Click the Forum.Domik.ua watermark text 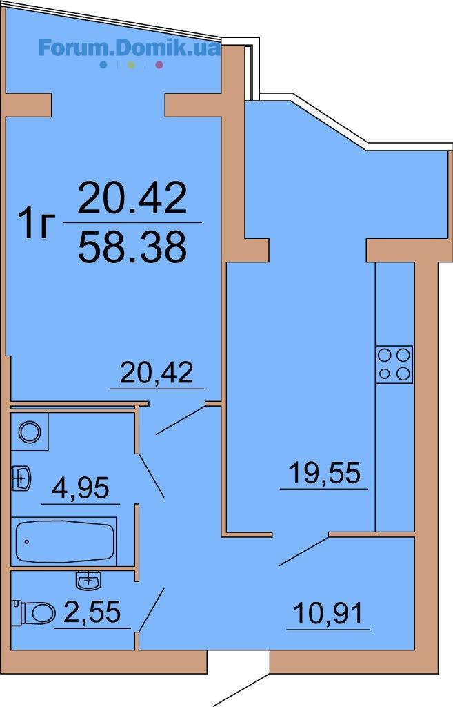point(129,48)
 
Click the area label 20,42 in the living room point(157,374)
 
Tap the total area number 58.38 point(132,246)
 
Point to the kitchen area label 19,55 point(325,473)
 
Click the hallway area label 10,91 point(328,614)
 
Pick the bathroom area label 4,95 point(81,488)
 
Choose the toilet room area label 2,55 point(92,612)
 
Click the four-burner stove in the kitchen point(394,365)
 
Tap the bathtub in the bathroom point(63,541)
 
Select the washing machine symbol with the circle point(29,432)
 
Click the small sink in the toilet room point(89,580)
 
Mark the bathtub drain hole point(27,541)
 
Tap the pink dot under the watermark point(159,65)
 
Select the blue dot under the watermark point(103,65)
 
